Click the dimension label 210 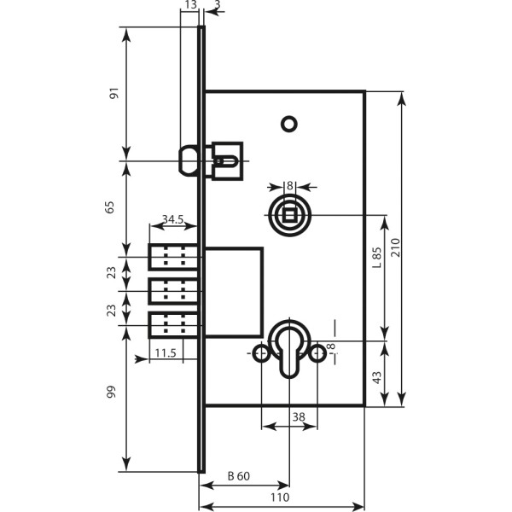pyautogui.click(x=395, y=247)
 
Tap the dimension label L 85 pyautogui.click(x=377, y=258)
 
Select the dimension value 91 pyautogui.click(x=114, y=93)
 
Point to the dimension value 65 pyautogui.click(x=110, y=207)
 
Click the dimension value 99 pyautogui.click(x=111, y=392)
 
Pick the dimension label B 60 pyautogui.click(x=239, y=476)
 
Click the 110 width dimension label pyautogui.click(x=280, y=497)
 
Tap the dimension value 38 pyautogui.click(x=299, y=417)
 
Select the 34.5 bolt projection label pyautogui.click(x=173, y=219)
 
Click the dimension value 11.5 pyautogui.click(x=166, y=353)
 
